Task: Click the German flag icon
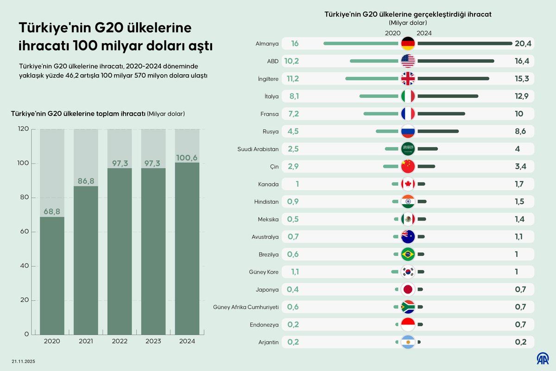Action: tap(408, 44)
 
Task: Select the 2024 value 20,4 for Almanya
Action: tap(523, 44)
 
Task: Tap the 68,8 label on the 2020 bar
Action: tap(52, 211)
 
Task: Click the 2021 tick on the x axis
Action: tap(86, 341)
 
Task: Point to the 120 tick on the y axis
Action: tap(23, 129)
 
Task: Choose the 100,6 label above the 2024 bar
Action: tap(187, 158)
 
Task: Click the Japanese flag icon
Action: tap(408, 289)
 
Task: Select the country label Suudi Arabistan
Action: tap(258, 149)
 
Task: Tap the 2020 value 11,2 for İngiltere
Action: tap(293, 79)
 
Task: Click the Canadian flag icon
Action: tap(408, 184)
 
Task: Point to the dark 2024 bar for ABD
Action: tap(455, 61)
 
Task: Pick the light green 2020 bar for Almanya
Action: tap(361, 44)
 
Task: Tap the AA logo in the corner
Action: tap(543, 358)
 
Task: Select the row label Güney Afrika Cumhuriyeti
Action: tap(246, 307)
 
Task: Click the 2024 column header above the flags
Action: tap(424, 33)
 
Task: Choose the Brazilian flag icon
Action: tap(408, 254)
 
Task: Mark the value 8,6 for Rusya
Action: tap(520, 131)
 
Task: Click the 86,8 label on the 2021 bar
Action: tap(86, 181)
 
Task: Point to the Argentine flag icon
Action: tap(408, 342)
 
